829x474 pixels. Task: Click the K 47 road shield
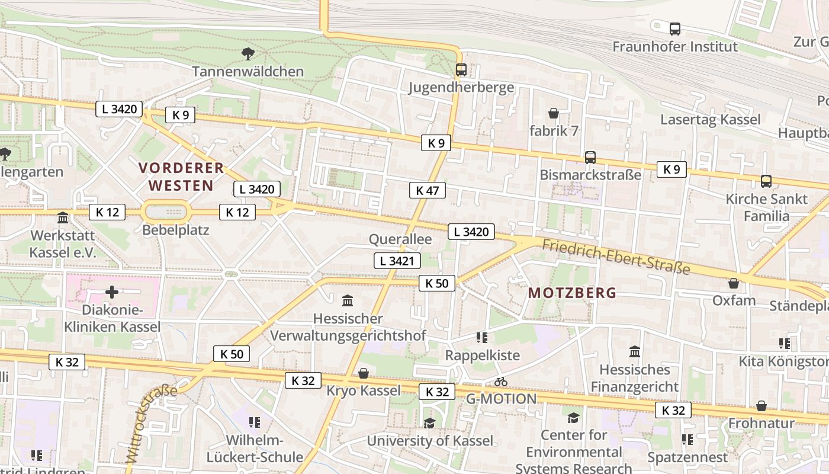[427, 190]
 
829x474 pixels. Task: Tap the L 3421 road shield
[397, 261]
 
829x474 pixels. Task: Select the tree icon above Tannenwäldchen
[248, 54]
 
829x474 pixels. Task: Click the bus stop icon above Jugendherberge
[461, 70]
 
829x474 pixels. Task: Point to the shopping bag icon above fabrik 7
[554, 113]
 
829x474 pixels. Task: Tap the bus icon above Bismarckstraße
[590, 158]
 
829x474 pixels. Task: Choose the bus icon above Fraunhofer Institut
[674, 28]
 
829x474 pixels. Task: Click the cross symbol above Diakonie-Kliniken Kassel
[112, 292]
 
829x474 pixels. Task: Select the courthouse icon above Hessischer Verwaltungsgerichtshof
[348, 301]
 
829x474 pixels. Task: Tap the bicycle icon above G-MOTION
[501, 382]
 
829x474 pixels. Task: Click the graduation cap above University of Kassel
[429, 423]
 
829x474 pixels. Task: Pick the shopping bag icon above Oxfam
[734, 283]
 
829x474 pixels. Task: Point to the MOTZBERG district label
[572, 293]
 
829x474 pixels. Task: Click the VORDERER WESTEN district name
[181, 177]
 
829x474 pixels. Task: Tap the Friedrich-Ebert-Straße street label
[616, 257]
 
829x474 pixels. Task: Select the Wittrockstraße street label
[150, 422]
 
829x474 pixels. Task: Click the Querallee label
[400, 239]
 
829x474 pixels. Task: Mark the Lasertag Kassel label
[710, 120]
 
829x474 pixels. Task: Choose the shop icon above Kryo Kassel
[364, 373]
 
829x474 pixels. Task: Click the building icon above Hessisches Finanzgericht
[635, 352]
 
